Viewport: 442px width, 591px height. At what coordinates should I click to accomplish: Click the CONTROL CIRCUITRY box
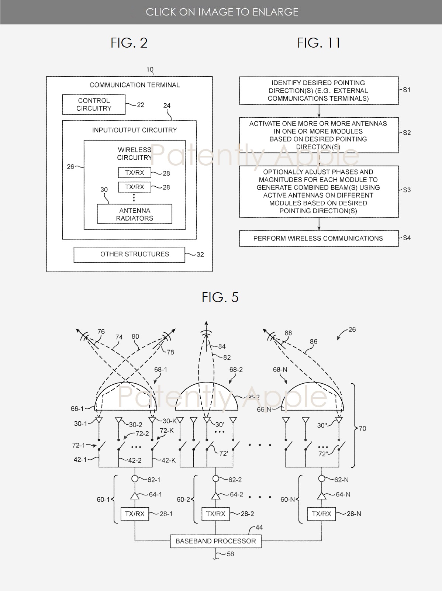coord(94,104)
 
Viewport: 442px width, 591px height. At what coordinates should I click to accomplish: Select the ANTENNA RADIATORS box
coord(134,214)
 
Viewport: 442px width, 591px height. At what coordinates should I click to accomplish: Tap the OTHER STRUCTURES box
coord(129,254)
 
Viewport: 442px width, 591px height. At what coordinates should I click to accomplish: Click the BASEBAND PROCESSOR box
coord(215,541)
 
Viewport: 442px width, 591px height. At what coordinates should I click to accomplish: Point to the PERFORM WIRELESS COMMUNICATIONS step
coord(318,238)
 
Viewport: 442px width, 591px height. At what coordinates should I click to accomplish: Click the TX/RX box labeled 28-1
coord(135,514)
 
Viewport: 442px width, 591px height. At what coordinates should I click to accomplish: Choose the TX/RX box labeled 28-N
coord(321,514)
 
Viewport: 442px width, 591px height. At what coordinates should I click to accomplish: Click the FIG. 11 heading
coord(318,43)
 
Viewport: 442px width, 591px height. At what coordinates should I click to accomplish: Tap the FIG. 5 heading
coord(220,297)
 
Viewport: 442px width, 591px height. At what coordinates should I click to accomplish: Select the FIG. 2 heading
coord(129,43)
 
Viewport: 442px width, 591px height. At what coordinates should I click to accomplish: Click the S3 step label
coord(407,190)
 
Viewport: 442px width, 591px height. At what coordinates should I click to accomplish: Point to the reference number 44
coord(259,528)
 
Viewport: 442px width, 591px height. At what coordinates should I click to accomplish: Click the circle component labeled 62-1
coord(135,479)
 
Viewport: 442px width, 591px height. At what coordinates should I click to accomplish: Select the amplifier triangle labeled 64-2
coord(216,496)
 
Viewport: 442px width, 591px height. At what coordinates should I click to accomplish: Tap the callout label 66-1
coord(77,408)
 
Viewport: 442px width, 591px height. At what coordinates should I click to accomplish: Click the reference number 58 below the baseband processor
coord(230,554)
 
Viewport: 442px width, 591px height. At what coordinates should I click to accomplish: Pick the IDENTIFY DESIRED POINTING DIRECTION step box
coord(318,91)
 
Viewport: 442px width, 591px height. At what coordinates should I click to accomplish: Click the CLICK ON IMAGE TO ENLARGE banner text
coord(222,12)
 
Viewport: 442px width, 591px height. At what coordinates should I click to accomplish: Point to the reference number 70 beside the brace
coord(363,429)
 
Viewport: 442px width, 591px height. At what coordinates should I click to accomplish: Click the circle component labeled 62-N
coord(322,479)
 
